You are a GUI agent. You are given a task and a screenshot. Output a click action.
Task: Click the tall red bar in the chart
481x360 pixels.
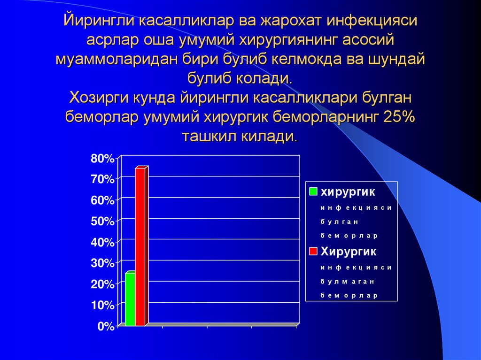[x=140, y=246]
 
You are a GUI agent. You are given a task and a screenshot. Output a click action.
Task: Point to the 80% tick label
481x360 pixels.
[x=102, y=159]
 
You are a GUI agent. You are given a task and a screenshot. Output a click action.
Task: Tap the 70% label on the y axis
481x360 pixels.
[x=102, y=179]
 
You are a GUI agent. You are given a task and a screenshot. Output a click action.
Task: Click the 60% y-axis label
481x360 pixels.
[x=102, y=200]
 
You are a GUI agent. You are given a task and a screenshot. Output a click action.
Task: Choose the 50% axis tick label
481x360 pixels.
[x=102, y=222]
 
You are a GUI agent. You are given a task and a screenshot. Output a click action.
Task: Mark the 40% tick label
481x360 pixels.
[x=102, y=243]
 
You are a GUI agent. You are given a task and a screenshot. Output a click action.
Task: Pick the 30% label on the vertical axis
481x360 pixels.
[x=102, y=264]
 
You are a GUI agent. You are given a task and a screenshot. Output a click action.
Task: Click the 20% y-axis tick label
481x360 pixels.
[x=102, y=284]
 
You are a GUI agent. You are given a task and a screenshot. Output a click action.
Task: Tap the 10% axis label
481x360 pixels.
[x=102, y=306]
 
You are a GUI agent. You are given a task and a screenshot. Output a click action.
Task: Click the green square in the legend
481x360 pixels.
[x=313, y=192]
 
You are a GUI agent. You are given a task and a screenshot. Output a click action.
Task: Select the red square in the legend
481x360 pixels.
[x=313, y=252]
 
